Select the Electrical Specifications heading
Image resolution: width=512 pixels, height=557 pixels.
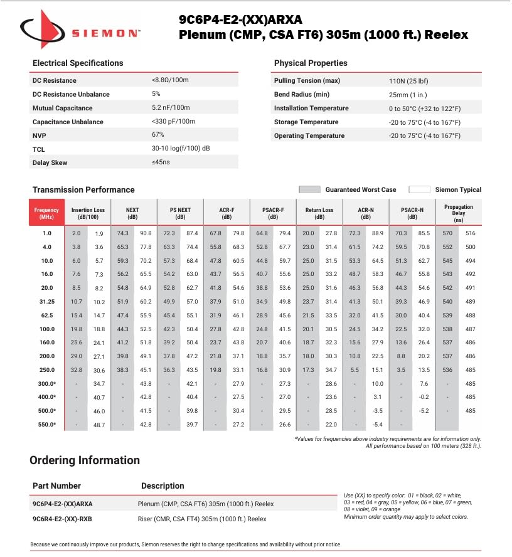pos(78,63)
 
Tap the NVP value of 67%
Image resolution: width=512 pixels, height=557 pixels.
pos(157,135)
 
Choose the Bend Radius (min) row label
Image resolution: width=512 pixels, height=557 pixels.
pos(302,95)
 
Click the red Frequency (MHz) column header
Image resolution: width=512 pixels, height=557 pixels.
pos(46,212)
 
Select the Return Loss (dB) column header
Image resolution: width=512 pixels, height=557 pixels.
pos(319,213)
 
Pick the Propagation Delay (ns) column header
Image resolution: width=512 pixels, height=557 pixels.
pos(459,212)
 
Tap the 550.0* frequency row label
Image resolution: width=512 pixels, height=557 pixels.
pos(46,425)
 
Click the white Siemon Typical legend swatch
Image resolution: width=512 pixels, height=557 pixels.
pos(419,189)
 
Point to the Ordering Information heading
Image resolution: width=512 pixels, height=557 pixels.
pos(84,460)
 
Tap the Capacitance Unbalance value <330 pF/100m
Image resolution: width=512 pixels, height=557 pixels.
pos(173,122)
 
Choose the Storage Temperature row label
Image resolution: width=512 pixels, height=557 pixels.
pos(306,122)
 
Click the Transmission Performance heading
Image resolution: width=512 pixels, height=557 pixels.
pos(83,190)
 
